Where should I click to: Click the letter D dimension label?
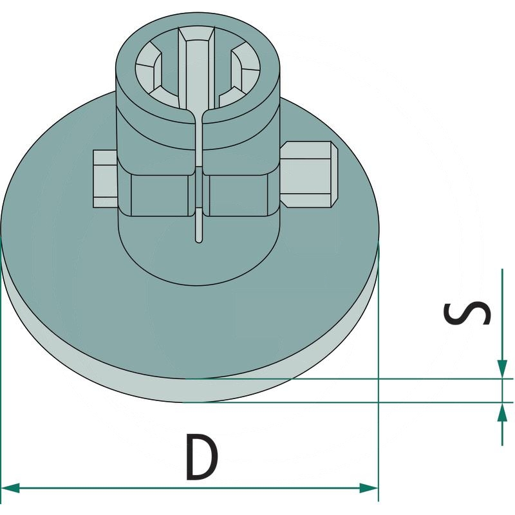coord(201,457)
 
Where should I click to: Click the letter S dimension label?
coord(467,313)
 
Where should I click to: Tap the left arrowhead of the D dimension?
coord(10,488)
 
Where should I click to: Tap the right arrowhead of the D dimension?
coord(369,488)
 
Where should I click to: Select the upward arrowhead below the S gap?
coord(502,411)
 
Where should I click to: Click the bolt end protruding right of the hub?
coord(310,174)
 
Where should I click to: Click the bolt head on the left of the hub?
coord(105,179)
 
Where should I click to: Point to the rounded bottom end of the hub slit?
coord(199,239)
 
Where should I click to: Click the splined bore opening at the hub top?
coord(198,68)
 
